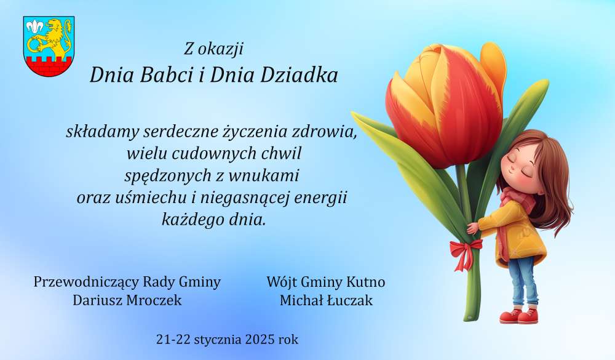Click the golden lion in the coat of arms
(x=55, y=39)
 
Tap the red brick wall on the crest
(x=49, y=66)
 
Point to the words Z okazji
(x=214, y=49)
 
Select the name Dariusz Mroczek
(x=127, y=300)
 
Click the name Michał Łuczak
(x=326, y=300)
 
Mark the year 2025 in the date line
(x=260, y=339)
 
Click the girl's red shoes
(x=518, y=316)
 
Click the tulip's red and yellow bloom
(x=445, y=105)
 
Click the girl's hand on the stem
(x=472, y=228)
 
